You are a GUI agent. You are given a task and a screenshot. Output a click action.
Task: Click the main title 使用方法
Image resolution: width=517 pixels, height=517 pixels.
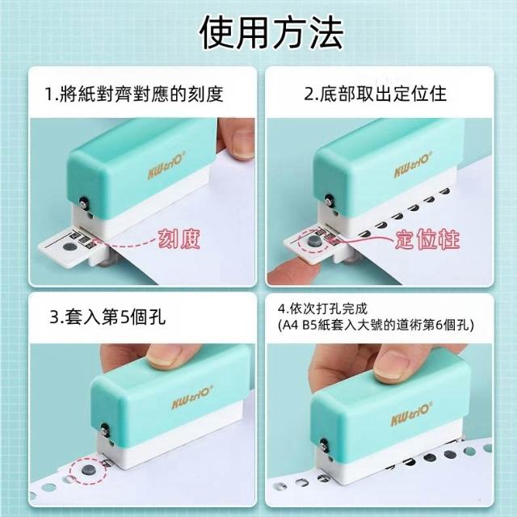272,32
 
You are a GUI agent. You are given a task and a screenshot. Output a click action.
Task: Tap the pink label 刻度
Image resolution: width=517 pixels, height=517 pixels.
179,238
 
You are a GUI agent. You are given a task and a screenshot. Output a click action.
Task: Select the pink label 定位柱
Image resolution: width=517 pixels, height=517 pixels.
427,239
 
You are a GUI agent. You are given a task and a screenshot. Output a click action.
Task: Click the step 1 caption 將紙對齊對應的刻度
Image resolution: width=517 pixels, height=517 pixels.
134,94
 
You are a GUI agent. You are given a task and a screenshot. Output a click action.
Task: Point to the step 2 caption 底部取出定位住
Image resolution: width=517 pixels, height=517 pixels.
375,94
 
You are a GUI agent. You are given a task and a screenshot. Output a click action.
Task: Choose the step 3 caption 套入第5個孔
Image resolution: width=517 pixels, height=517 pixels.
107,317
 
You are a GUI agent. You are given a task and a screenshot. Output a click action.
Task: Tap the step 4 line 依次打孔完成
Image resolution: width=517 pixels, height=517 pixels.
322,309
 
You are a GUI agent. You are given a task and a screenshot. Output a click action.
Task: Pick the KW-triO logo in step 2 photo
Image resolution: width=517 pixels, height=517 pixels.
413,165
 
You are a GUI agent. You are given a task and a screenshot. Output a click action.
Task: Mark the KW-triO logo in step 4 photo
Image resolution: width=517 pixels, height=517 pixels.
411,414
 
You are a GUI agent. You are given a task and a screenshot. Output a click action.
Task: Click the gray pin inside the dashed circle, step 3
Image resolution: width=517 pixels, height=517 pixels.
88,469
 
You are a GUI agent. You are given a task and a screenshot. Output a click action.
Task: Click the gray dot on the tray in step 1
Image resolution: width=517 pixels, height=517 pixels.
69,246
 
